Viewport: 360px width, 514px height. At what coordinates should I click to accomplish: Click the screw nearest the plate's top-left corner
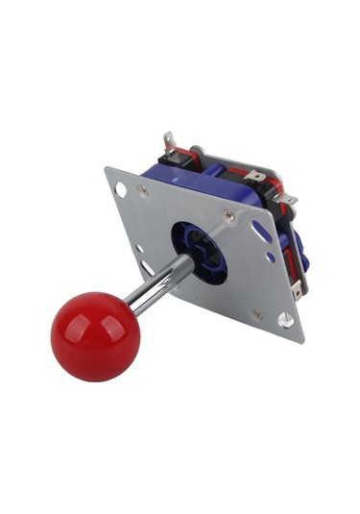point(144,191)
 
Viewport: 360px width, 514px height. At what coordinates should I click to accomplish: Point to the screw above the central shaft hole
point(228,216)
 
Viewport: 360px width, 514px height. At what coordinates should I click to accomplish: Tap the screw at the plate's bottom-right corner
point(257,313)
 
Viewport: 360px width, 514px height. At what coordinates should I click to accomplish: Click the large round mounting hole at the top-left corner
point(121,191)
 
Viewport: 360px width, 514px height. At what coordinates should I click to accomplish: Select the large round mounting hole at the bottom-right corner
point(285,320)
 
